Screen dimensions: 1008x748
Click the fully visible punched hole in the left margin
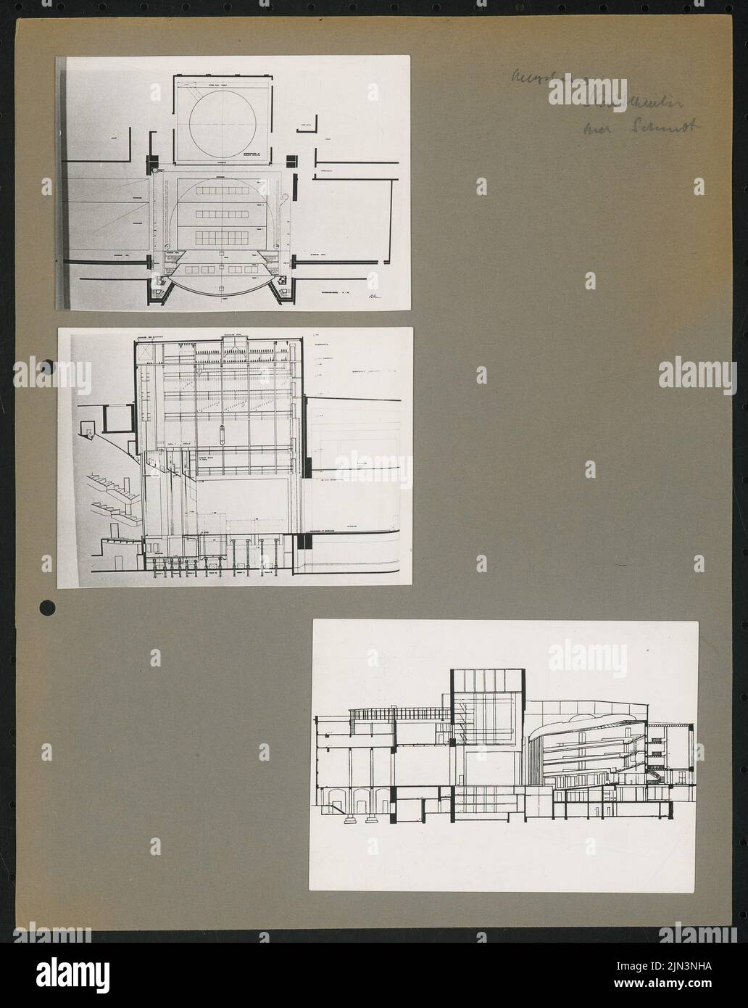47,606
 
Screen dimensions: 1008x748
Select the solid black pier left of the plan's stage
153,161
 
